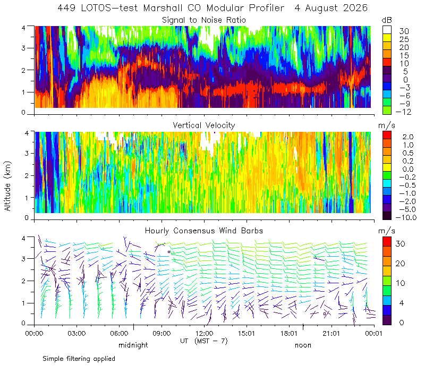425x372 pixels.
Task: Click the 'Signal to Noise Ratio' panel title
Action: click(x=204, y=20)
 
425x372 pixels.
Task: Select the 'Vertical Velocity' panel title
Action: click(x=204, y=125)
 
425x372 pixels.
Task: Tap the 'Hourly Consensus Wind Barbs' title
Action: click(x=204, y=231)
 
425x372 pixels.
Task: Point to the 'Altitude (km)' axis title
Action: click(x=7, y=186)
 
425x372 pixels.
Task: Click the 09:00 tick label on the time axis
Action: click(x=161, y=333)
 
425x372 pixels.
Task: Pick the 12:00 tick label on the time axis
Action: click(x=204, y=333)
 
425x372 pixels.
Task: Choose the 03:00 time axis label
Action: click(x=76, y=333)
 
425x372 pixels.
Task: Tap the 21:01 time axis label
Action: click(x=331, y=333)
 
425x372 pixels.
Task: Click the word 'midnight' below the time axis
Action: click(x=133, y=345)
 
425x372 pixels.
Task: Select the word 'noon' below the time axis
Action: click(x=303, y=345)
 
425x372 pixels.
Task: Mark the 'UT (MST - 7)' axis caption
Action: click(x=204, y=341)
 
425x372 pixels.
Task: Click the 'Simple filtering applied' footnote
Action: click(x=79, y=359)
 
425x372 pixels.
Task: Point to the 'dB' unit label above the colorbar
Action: click(x=387, y=20)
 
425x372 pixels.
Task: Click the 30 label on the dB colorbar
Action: click(x=404, y=31)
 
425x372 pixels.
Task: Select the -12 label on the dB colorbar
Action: click(x=403, y=112)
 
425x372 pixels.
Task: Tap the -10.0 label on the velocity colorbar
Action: click(x=406, y=217)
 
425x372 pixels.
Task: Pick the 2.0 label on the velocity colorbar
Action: click(x=408, y=137)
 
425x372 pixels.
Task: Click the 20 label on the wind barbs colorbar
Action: click(x=400, y=263)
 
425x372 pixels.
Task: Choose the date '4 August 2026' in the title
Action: click(x=331, y=8)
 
